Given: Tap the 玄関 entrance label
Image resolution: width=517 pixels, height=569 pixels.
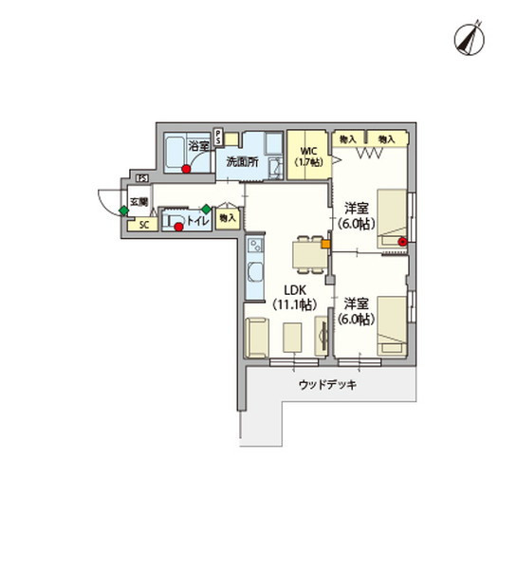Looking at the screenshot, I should pyautogui.click(x=138, y=202).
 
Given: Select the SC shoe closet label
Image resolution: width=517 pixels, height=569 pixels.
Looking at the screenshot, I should pyautogui.click(x=144, y=225).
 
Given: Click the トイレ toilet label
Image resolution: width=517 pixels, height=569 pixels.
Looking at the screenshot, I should pyautogui.click(x=196, y=221).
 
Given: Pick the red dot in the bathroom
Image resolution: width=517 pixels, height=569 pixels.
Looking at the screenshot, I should pyautogui.click(x=187, y=171).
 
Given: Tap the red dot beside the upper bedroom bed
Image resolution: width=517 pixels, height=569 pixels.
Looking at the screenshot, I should pyautogui.click(x=402, y=242).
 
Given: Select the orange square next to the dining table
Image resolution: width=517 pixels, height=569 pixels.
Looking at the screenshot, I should pyautogui.click(x=325, y=244).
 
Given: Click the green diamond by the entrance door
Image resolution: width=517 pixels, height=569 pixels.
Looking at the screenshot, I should pyautogui.click(x=123, y=211).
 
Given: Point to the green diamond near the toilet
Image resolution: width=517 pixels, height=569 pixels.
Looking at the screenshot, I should pyautogui.click(x=206, y=209).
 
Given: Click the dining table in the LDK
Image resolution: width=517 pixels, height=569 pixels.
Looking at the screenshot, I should pyautogui.click(x=305, y=251).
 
